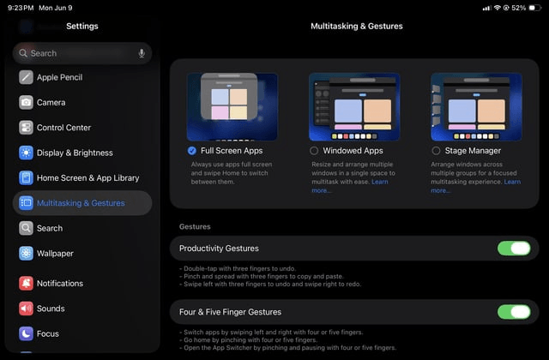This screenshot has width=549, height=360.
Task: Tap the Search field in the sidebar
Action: (x=77, y=53)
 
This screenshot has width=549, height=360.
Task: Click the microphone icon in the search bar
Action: (x=142, y=53)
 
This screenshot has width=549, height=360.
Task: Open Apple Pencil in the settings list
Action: (x=60, y=77)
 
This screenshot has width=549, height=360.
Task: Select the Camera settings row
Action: (x=51, y=102)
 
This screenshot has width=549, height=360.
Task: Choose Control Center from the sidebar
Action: (x=63, y=128)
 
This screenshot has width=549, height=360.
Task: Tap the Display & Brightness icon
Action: (x=26, y=153)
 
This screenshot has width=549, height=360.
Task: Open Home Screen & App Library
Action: (x=87, y=177)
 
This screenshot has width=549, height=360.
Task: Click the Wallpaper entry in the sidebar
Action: (x=55, y=253)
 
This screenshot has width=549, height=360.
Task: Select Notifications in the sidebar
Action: (x=60, y=283)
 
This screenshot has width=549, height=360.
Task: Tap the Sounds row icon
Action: (x=26, y=309)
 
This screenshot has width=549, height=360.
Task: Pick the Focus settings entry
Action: (x=48, y=333)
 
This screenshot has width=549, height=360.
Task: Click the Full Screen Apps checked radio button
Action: (x=192, y=151)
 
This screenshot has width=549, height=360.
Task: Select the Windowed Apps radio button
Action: (x=314, y=151)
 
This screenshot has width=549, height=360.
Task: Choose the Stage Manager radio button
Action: (x=436, y=151)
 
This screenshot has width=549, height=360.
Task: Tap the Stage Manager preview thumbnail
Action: (x=476, y=106)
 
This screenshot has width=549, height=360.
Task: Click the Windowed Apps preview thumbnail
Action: (x=354, y=106)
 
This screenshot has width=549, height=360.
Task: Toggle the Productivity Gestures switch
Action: (x=514, y=249)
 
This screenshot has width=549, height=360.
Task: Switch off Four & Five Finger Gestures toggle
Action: (x=514, y=312)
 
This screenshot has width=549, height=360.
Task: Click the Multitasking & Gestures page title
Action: (x=356, y=27)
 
